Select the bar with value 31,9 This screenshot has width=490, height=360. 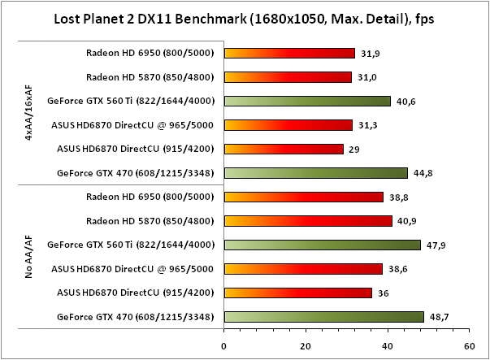tap(289, 54)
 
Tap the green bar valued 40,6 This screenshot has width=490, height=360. tap(307, 102)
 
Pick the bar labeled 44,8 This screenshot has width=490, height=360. tap(315, 172)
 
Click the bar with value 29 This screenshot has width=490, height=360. tap(284, 149)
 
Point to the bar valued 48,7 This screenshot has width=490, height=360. tap(323, 316)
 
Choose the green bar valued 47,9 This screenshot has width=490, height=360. tap(322, 245)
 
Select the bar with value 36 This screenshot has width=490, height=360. tap(297, 293)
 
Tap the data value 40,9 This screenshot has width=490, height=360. tap(408, 221)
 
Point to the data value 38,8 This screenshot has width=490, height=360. tap(399, 197)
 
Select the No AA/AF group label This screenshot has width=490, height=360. tap(28, 256)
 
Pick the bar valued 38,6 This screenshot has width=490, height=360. tap(303, 268)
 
